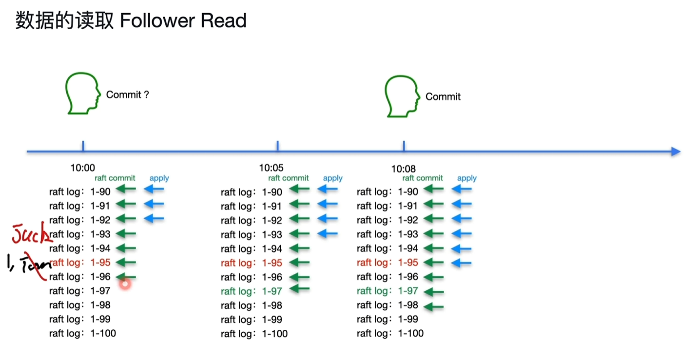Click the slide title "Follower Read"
click(183, 21)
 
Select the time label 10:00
click(83, 168)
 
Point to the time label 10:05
click(271, 168)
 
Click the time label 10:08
click(403, 169)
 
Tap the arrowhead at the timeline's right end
click(675, 152)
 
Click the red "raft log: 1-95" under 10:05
click(252, 263)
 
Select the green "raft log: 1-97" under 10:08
click(388, 291)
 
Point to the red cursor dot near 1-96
click(125, 284)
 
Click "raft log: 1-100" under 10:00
click(82, 334)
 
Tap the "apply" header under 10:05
click(332, 178)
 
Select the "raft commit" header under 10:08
click(423, 178)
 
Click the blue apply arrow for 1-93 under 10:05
click(328, 234)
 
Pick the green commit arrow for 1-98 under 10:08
click(433, 307)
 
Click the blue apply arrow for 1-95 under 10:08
click(462, 263)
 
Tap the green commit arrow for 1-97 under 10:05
click(299, 289)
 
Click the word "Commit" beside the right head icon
click(443, 96)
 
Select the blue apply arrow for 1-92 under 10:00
click(154, 219)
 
